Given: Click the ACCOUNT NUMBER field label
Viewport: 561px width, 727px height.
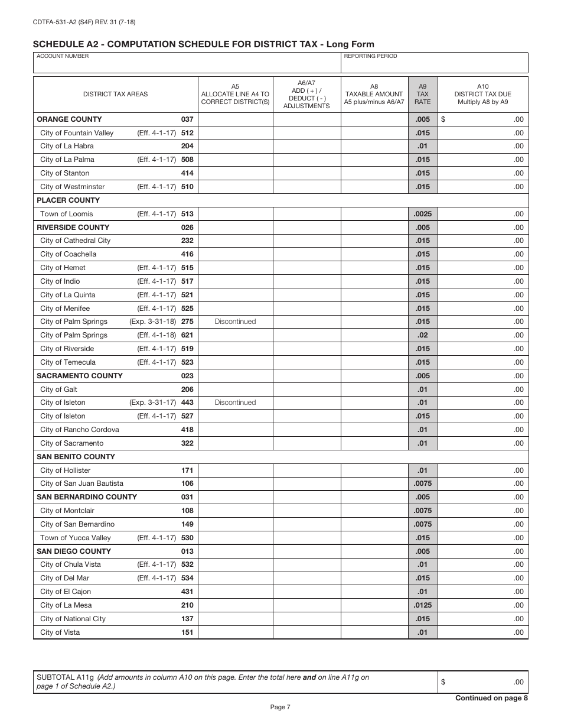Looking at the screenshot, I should pyautogui.click(x=63, y=56).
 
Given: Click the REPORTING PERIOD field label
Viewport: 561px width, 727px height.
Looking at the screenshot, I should pyautogui.click(x=370, y=56).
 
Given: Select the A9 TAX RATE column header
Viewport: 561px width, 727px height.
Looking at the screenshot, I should pyautogui.click(x=422, y=93).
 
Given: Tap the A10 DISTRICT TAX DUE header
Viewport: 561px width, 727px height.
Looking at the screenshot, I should pyautogui.click(x=482, y=93).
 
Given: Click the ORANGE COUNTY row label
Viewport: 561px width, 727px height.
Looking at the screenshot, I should pyautogui.click(x=69, y=119).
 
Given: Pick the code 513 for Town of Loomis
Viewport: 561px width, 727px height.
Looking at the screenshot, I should pyautogui.click(x=187, y=214).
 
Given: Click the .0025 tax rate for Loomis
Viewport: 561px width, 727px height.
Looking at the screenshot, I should pyautogui.click(x=422, y=214).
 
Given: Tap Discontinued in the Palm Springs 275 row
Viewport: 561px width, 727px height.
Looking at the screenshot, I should pyautogui.click(x=235, y=322).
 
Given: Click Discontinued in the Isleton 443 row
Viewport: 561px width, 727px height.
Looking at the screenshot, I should pyautogui.click(x=235, y=403).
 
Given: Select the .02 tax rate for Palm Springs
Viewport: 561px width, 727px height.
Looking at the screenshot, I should pyautogui.click(x=422, y=335).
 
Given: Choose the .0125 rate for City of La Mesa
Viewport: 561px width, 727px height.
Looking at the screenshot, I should pyautogui.click(x=422, y=605).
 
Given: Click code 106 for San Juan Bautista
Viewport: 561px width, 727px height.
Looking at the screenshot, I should pyautogui.click(x=187, y=483).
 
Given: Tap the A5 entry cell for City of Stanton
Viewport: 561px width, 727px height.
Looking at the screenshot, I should pyautogui.click(x=235, y=173).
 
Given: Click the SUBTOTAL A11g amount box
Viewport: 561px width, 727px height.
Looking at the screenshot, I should pyautogui.click(x=482, y=682).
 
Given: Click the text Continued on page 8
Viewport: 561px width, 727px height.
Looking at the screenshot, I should pyautogui.click(x=491, y=698).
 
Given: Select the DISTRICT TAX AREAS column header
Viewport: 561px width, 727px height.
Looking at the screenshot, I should pyautogui.click(x=115, y=94).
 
